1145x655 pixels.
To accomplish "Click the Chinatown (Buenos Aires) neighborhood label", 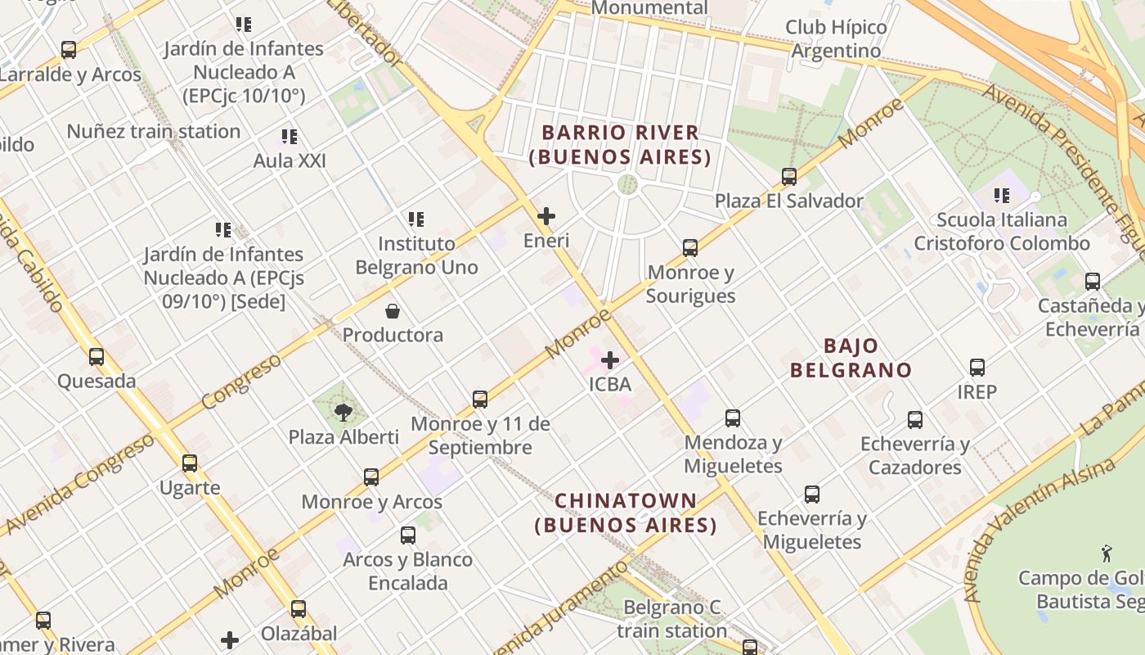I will (x=626, y=513).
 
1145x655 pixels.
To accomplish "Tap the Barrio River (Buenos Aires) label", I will (x=620, y=144).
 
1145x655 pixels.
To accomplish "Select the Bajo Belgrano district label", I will (x=851, y=358).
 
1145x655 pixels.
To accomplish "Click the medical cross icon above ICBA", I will (x=610, y=359).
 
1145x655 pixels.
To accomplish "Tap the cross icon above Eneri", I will (x=546, y=216).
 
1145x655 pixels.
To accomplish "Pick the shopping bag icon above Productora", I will (x=393, y=311).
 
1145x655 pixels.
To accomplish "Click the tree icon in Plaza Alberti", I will (x=343, y=412).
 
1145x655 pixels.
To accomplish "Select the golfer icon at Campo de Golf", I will (x=1107, y=553).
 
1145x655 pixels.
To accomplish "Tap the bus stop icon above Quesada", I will (x=97, y=357).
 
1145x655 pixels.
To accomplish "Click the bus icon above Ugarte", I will (x=190, y=463).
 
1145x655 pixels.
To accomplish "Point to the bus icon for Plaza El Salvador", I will (x=789, y=176).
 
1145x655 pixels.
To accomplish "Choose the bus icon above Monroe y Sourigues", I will (x=690, y=247).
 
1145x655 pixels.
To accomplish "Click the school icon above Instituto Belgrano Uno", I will (x=416, y=219).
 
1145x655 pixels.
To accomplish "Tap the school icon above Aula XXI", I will (x=289, y=137).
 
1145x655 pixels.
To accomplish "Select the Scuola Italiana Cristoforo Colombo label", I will (x=1001, y=232).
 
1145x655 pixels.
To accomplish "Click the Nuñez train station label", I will (x=154, y=131).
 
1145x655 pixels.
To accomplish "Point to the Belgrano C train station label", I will (x=672, y=619).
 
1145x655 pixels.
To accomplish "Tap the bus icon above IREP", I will (x=977, y=368).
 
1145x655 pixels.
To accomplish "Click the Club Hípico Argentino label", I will (x=836, y=38).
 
